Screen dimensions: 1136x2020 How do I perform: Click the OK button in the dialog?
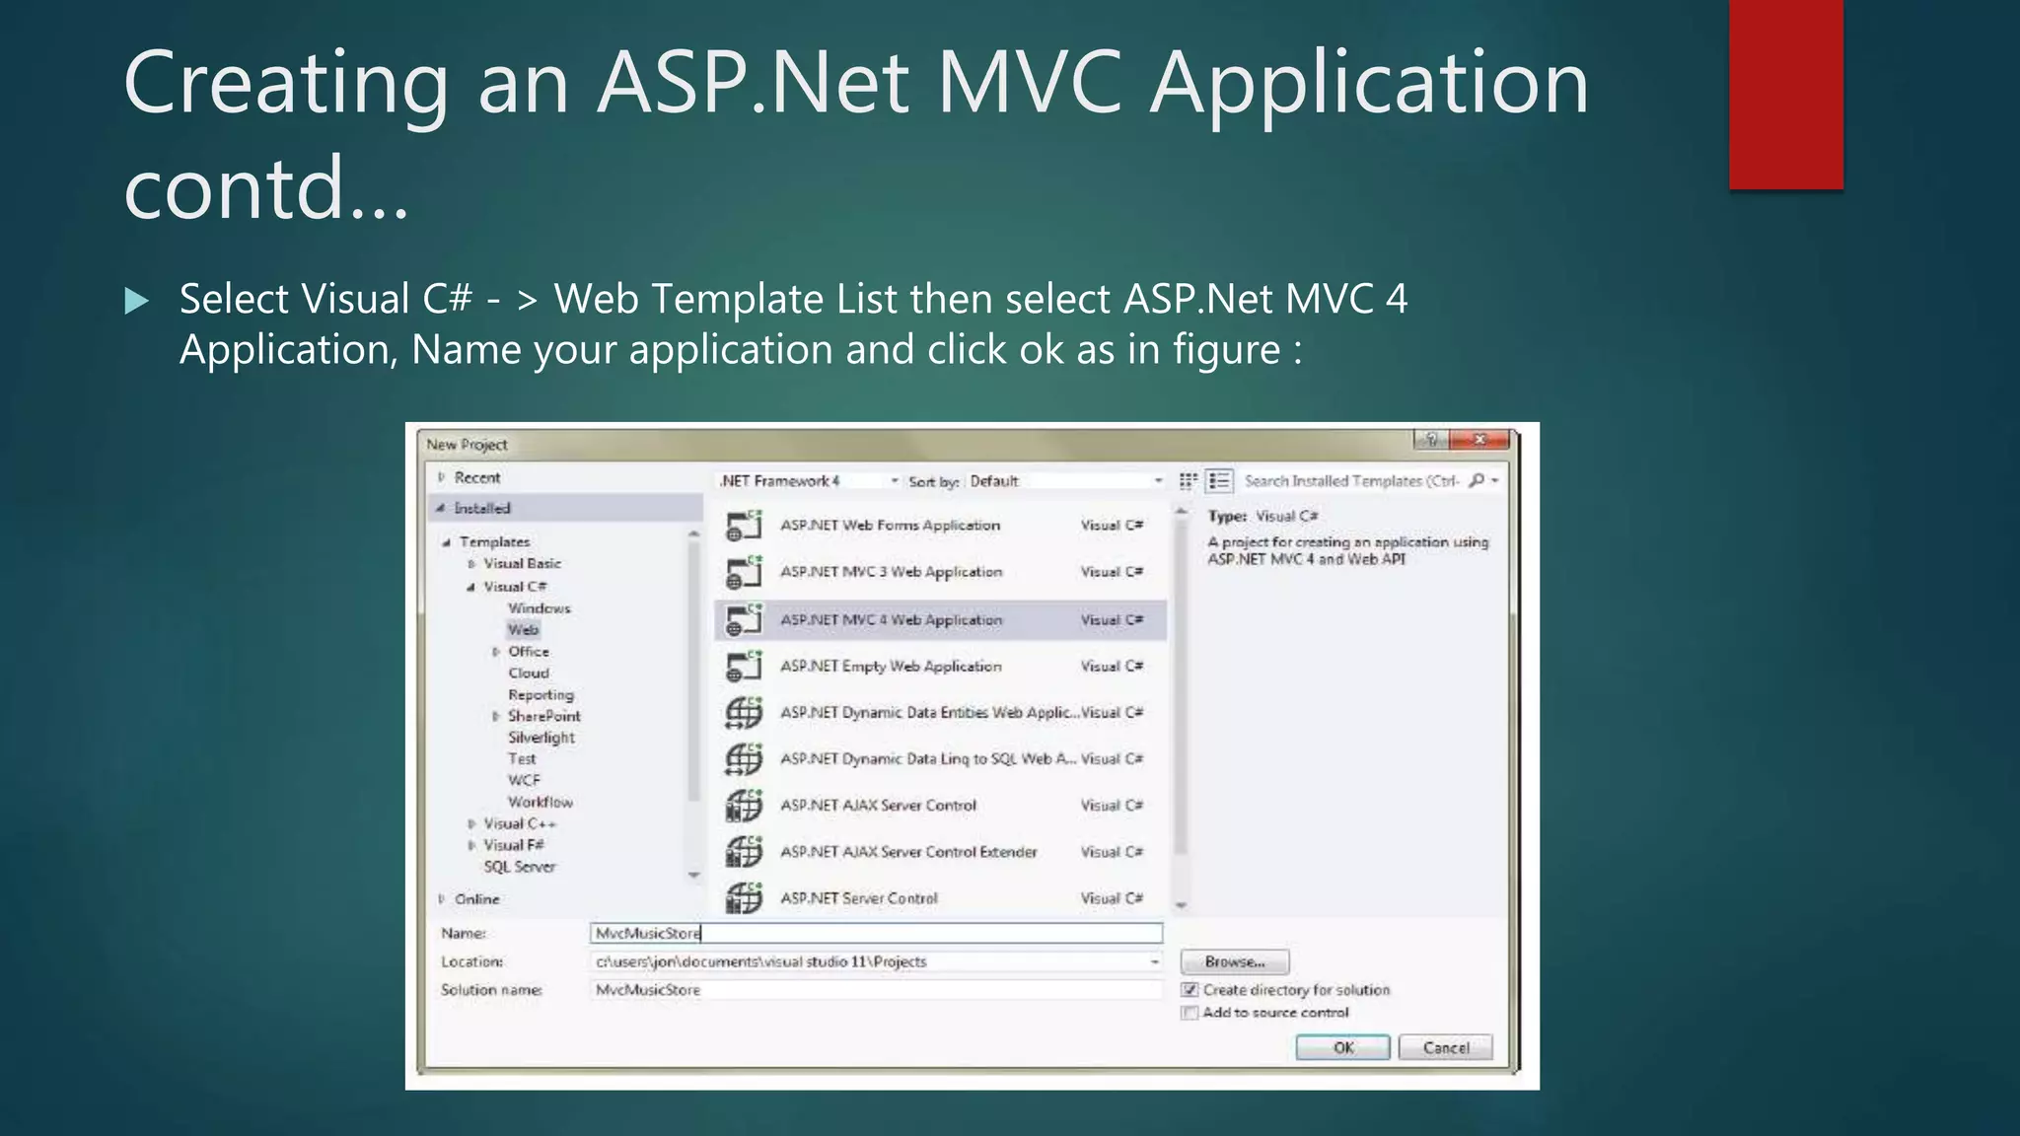1342,1047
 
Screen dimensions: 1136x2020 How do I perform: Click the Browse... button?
1234,961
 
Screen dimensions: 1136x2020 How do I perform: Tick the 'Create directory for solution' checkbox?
1190,990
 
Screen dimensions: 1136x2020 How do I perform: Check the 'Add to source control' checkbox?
1190,1013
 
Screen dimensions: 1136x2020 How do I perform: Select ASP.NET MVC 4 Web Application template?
891,620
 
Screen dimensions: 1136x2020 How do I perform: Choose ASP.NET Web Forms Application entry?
890,526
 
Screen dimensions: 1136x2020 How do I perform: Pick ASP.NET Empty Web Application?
891,667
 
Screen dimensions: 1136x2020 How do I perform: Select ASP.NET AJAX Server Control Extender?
908,852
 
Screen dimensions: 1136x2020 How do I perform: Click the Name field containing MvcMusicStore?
876,933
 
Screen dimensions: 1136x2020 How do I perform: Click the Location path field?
868,961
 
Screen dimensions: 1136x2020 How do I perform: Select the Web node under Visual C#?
524,630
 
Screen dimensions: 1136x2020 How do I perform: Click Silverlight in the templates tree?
541,738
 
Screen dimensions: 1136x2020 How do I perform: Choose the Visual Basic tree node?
522,564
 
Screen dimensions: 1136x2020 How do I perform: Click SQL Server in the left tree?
520,867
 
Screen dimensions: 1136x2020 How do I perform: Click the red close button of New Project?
1480,440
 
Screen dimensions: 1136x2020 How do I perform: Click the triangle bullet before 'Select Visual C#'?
137,301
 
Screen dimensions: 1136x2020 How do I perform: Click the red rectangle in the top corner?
1785,94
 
